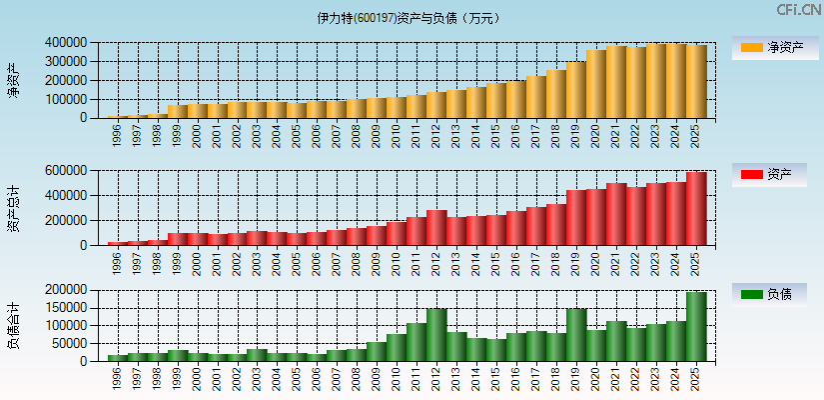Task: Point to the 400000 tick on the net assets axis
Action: [65, 43]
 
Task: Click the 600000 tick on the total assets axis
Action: [65, 171]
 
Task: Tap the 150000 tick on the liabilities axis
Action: [65, 308]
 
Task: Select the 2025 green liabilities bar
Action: [696, 326]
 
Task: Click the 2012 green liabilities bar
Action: [436, 334]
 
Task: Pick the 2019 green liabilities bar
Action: [576, 334]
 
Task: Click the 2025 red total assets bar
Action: [696, 208]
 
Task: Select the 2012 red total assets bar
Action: [436, 227]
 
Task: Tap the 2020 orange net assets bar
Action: [596, 83]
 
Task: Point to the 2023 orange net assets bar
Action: [656, 80]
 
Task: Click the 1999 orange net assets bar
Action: [177, 111]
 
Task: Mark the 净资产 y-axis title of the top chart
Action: [13, 80]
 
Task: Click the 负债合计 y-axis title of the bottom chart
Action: [13, 325]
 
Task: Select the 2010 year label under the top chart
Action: [397, 135]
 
